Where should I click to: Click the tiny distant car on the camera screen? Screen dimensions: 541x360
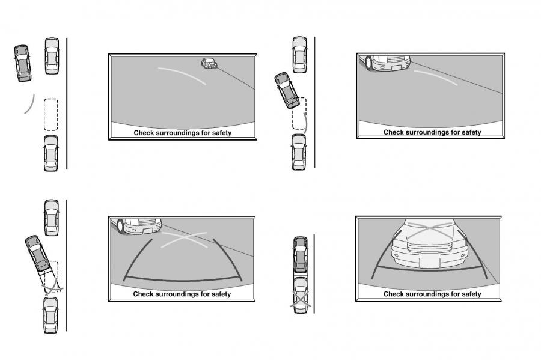click(209, 64)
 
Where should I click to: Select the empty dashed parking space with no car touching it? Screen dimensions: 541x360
click(51, 114)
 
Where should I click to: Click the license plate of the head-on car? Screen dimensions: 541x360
click(430, 263)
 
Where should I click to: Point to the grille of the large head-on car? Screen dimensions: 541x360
click(429, 248)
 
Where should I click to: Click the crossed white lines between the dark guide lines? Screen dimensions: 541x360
click(185, 239)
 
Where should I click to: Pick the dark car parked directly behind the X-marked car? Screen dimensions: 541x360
click(301, 254)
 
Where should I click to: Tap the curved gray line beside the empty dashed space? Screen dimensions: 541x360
click(30, 104)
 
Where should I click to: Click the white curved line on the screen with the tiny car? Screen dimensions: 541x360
click(182, 75)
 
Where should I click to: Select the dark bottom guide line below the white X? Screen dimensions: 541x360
click(182, 280)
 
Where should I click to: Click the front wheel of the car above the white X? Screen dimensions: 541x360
click(121, 226)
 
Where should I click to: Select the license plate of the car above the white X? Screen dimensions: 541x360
click(148, 231)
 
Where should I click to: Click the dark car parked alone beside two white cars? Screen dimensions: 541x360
click(23, 63)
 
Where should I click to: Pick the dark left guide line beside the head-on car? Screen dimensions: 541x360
click(384, 255)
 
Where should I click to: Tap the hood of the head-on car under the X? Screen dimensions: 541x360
click(430, 230)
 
